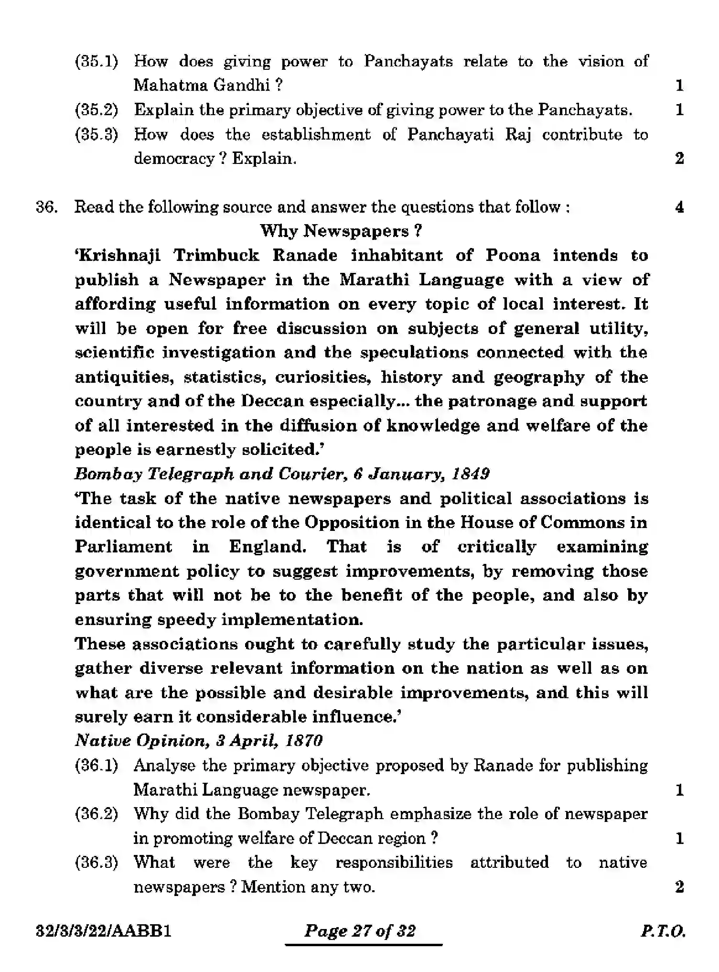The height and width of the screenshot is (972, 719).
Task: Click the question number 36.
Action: click(x=46, y=207)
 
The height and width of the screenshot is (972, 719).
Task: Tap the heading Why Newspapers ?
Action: click(x=341, y=232)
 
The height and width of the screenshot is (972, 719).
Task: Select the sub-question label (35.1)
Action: click(x=97, y=62)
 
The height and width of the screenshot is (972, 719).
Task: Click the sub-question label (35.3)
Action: click(x=97, y=135)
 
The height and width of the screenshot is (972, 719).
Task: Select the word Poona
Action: click(x=513, y=256)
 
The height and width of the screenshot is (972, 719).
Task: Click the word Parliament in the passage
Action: click(x=123, y=547)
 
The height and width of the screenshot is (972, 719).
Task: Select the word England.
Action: click(x=268, y=547)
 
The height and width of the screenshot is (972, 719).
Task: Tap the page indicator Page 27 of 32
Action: click(x=360, y=931)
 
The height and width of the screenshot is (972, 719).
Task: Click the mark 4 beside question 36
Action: click(x=679, y=207)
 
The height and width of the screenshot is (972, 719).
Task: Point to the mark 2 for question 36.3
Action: click(x=679, y=887)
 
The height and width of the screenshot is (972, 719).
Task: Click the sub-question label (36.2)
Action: click(x=97, y=814)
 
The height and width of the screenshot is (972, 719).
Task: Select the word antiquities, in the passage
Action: click(x=124, y=378)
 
